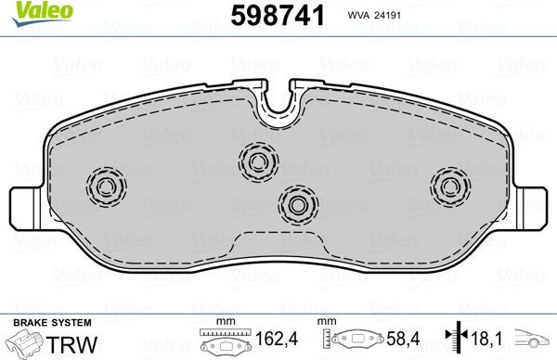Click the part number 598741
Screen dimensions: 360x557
[269, 16]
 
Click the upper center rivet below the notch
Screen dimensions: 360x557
[257, 160]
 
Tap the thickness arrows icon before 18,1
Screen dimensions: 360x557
[455, 341]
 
